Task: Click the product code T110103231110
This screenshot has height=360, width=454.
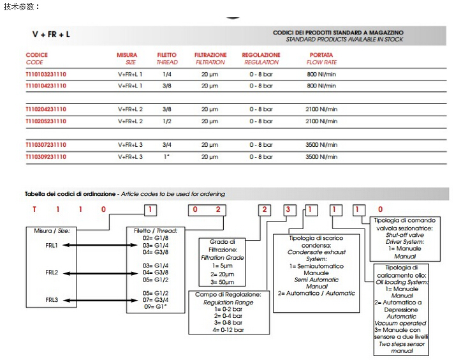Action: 46,74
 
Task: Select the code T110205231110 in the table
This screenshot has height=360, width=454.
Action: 46,121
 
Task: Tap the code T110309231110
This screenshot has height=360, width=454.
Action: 46,156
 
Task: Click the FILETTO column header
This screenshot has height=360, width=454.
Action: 167,55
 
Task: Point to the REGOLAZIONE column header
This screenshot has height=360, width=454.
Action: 261,55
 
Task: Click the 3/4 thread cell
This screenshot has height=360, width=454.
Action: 166,145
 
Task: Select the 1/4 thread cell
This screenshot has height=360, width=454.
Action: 166,74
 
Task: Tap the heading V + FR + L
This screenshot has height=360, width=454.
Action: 51,33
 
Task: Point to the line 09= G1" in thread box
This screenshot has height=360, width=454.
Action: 157,307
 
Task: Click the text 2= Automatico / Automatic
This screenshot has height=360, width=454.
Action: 316,293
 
